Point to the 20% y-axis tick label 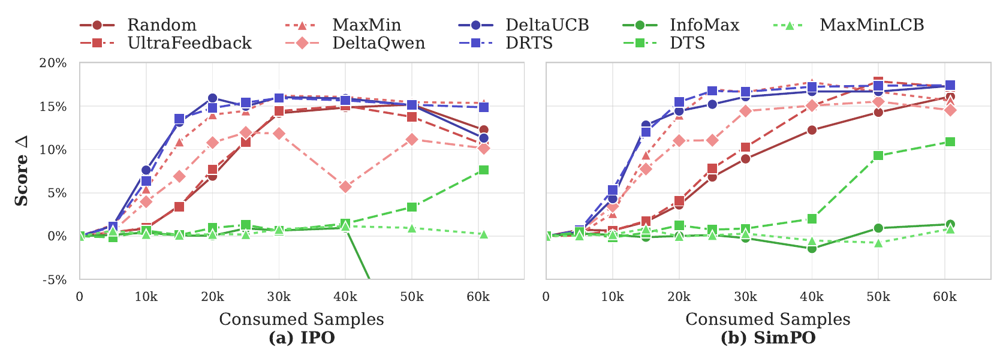point(53,64)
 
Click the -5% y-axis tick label point(53,280)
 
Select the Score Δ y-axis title point(22,171)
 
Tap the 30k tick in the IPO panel point(279,297)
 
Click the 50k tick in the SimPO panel point(878,297)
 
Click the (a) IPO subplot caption point(302,338)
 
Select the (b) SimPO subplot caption point(768,338)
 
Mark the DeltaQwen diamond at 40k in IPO point(345,187)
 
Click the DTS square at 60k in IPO point(484,170)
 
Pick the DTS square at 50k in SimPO point(878,156)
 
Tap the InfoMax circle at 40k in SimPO point(812,248)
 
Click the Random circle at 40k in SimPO point(812,130)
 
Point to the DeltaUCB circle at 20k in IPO point(212,98)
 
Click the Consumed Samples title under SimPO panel point(768,319)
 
